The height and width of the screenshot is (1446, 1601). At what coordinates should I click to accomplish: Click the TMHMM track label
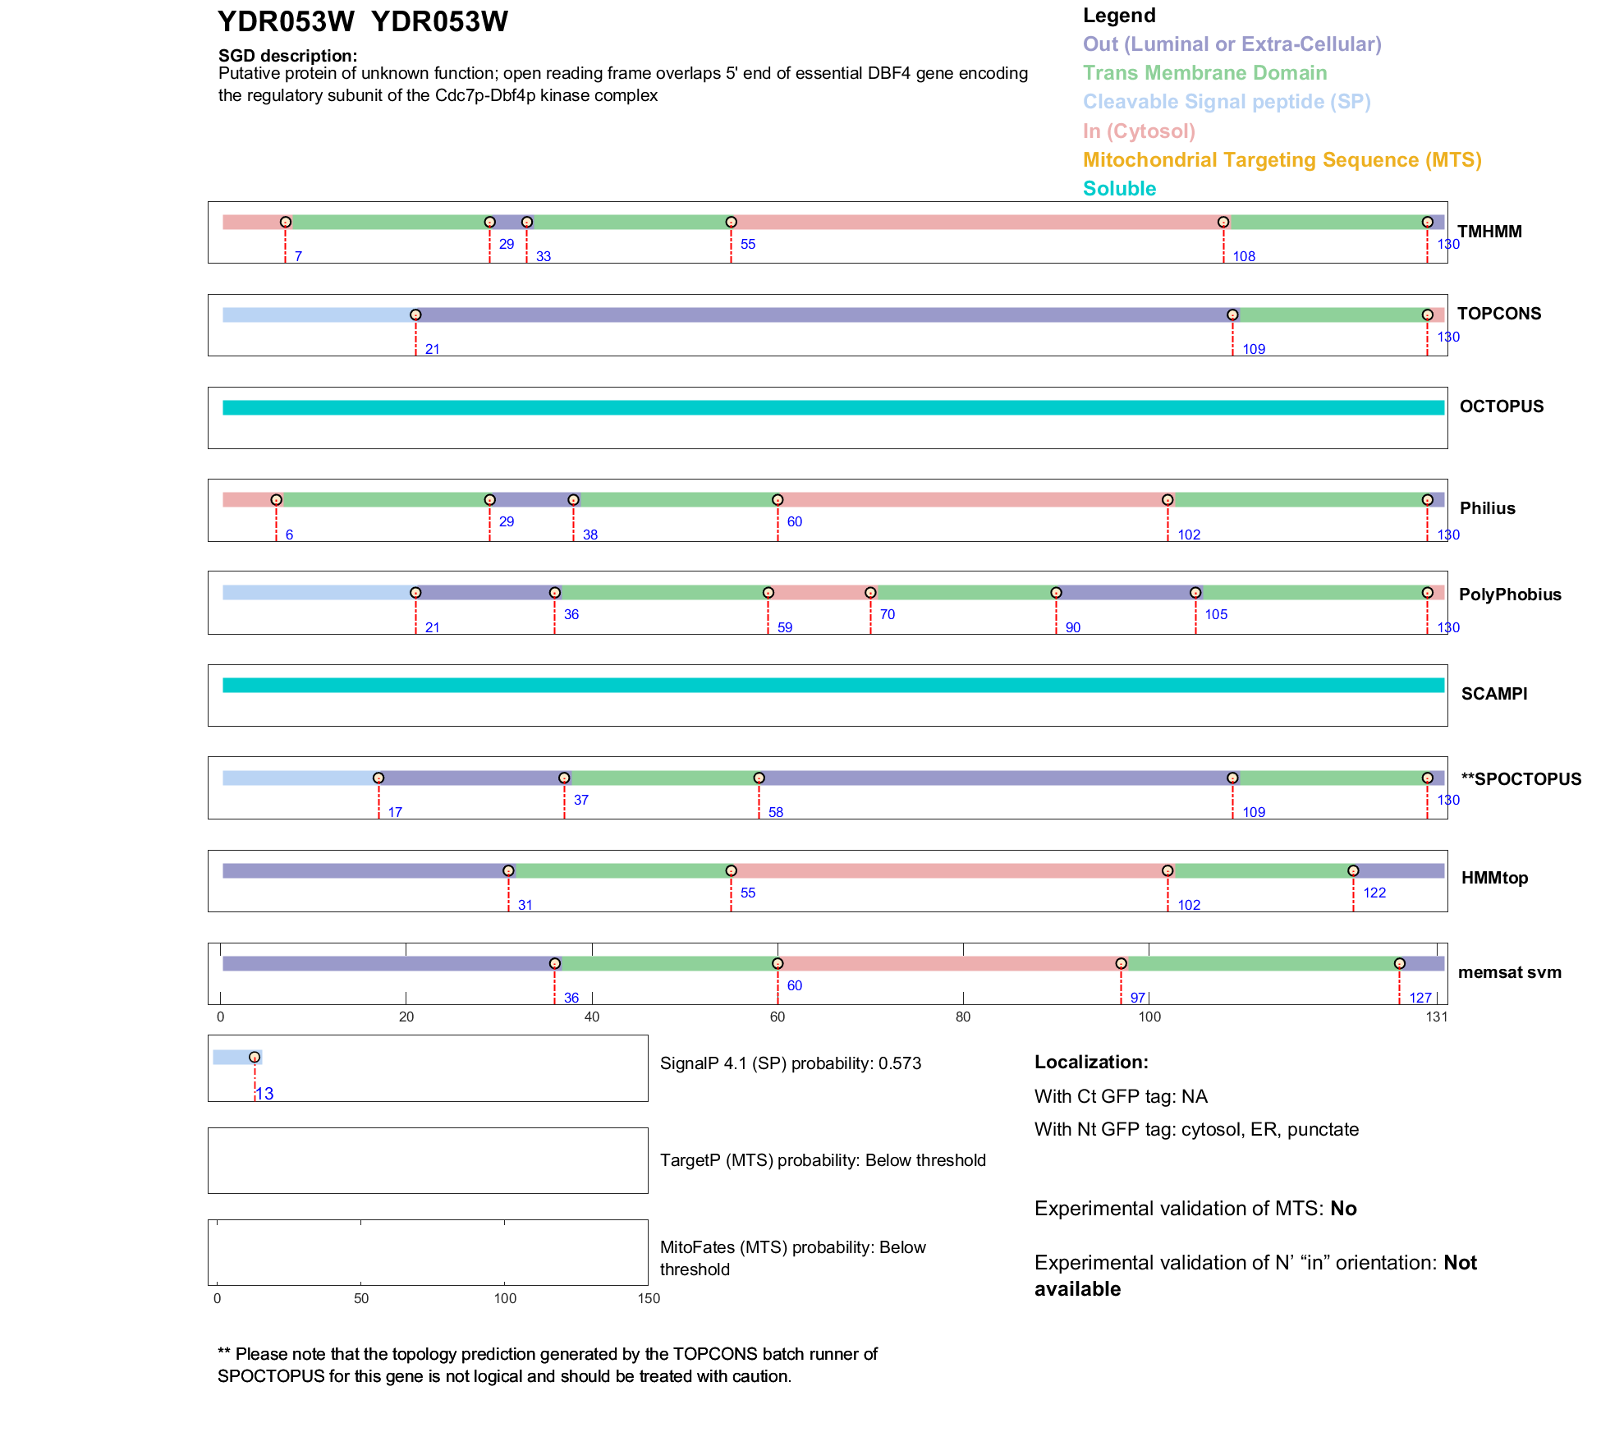point(1489,232)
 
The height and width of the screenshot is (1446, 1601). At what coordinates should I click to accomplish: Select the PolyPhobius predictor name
point(1509,594)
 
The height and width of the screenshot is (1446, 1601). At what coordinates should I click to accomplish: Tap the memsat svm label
point(1509,972)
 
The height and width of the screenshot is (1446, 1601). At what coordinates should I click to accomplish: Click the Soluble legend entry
point(1119,189)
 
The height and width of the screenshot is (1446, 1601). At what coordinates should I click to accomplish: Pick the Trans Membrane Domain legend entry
point(1204,73)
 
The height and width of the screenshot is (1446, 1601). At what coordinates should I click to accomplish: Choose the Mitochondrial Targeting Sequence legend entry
point(1282,160)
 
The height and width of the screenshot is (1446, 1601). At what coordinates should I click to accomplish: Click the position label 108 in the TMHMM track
point(1244,256)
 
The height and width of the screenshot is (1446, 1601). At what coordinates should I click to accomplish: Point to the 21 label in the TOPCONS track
point(433,349)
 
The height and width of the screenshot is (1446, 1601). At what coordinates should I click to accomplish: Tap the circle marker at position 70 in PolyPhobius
point(870,593)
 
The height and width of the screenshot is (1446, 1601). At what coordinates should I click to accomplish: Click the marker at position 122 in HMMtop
point(1353,871)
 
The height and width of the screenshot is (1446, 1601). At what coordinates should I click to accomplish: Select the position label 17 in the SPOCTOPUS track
point(395,812)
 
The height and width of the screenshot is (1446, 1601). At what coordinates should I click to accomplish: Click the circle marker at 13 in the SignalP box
point(255,1058)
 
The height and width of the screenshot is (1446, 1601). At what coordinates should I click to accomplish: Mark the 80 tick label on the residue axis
point(963,1017)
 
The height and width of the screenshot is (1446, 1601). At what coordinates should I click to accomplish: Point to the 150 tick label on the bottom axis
point(649,1298)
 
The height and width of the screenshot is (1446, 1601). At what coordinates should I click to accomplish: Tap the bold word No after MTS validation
point(1343,1209)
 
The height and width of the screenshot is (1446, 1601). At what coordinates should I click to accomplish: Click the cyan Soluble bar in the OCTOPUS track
point(833,408)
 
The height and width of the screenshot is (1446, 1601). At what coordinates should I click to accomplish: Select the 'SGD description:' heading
point(287,56)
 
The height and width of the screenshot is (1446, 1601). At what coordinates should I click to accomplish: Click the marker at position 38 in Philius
point(573,500)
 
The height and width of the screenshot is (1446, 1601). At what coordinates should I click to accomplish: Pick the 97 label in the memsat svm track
point(1138,998)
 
